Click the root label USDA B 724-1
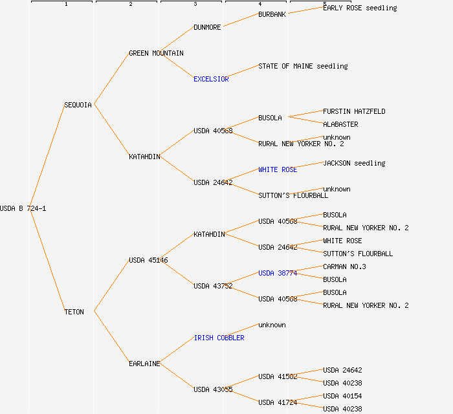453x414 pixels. pos(23,208)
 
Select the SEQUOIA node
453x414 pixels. pos(78,105)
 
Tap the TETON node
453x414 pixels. pos(74,312)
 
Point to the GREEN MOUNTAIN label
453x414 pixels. pos(156,53)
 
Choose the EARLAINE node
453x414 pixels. pos(144,364)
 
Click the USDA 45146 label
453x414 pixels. pos(148,260)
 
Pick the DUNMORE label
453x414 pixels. pos(207,27)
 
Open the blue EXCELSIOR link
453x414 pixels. pos(211,79)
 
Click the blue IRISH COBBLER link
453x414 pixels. pos(219,338)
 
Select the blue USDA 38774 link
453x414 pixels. pos(278,273)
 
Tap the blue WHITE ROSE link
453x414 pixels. pos(278,169)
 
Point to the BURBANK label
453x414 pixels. pos(272,14)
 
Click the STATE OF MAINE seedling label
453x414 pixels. pos(303,66)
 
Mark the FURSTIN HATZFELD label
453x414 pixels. pos(354,111)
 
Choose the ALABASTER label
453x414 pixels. pos(340,124)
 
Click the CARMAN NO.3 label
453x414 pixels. pos(344,267)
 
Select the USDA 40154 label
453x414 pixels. pos(342,396)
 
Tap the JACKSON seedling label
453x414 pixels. pos(354,163)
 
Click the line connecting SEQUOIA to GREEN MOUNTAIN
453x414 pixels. pos(111,79)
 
